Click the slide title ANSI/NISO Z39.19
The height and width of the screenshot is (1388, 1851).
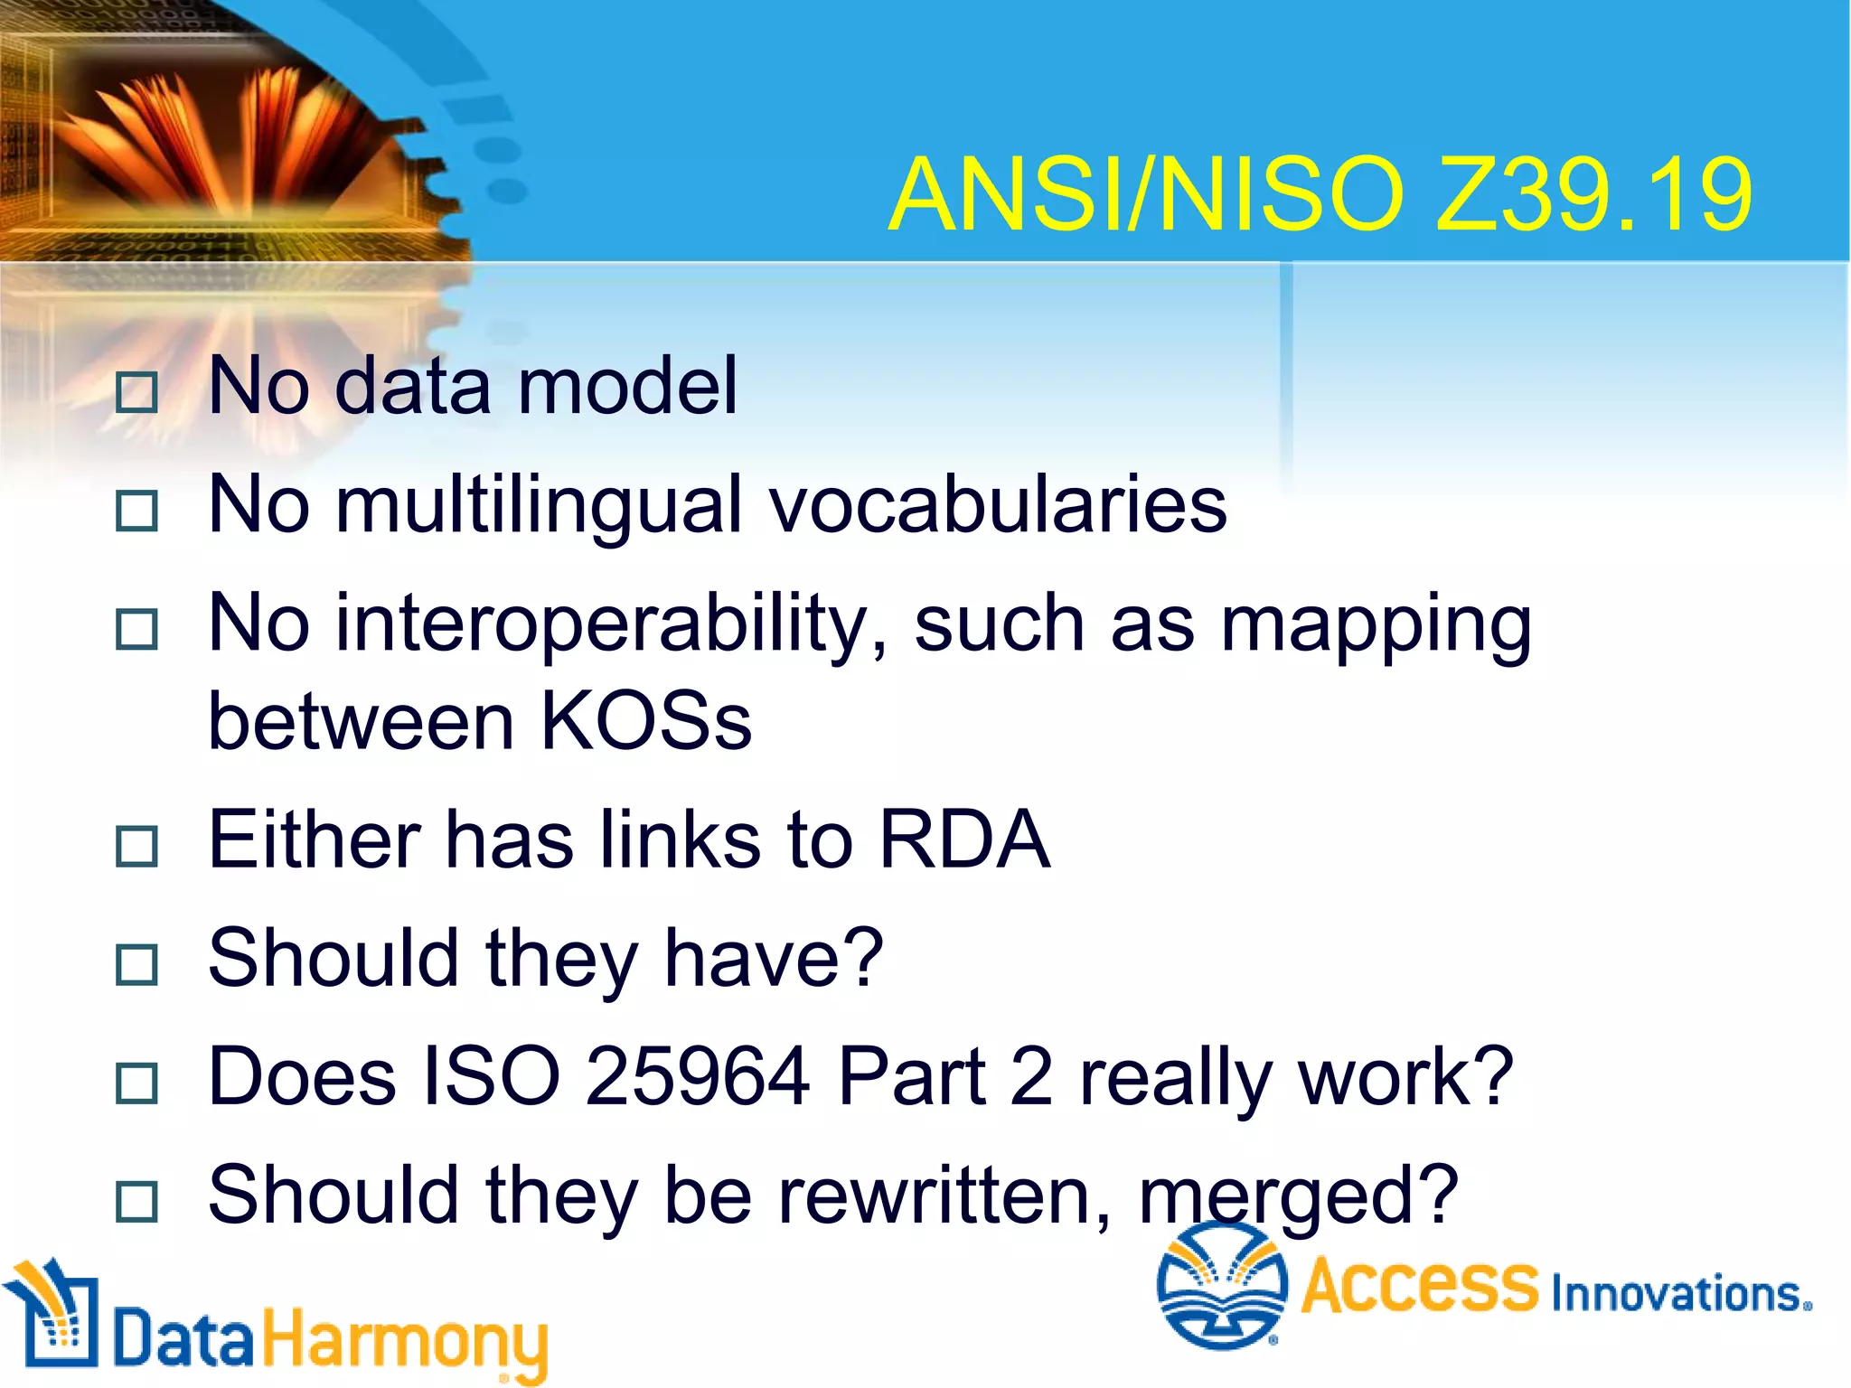coord(1320,195)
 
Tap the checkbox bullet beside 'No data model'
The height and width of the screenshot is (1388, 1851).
coord(137,392)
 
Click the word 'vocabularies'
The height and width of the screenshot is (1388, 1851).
coord(998,504)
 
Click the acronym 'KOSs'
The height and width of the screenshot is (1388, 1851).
coord(645,722)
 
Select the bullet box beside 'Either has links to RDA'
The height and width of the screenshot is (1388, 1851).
coord(137,846)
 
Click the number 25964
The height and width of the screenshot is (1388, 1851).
coord(697,1077)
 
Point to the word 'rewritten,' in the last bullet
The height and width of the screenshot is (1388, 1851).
coord(944,1195)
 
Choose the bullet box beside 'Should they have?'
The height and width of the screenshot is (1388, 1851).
coord(137,964)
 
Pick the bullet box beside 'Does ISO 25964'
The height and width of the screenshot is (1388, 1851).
coord(137,1083)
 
